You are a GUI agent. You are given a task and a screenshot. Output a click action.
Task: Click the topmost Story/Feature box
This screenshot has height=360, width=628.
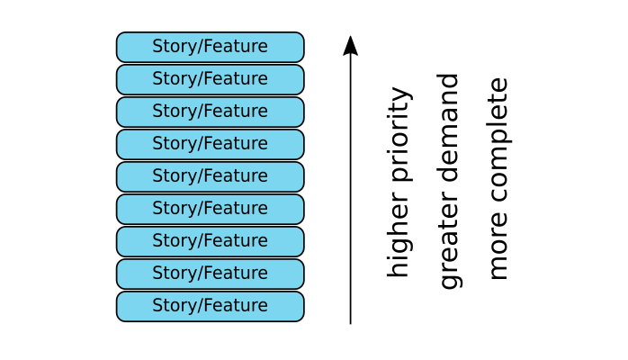210,47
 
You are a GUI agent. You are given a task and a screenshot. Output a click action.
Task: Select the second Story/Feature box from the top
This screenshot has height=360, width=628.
210,79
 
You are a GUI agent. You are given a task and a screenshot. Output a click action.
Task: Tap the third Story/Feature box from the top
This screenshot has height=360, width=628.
210,112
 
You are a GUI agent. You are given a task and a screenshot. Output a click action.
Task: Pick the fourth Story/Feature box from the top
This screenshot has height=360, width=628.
210,144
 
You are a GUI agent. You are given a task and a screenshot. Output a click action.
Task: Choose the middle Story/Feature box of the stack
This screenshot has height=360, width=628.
210,176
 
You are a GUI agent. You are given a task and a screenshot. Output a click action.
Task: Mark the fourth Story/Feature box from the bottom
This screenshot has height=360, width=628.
210,209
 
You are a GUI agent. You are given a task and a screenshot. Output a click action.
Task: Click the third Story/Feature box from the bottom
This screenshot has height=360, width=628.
210,241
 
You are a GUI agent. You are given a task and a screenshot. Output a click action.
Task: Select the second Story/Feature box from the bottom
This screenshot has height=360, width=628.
210,274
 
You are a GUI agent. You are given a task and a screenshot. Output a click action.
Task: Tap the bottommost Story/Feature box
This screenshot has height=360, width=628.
210,306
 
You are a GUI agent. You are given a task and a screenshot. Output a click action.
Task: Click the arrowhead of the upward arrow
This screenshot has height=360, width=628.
350,46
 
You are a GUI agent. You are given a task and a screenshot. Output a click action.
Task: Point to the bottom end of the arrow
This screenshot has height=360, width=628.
350,321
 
